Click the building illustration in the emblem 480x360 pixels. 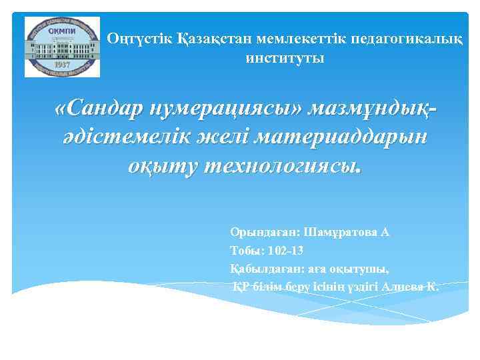tap(61, 47)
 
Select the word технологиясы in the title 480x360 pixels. tap(280, 167)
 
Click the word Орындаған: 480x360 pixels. tap(264, 233)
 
